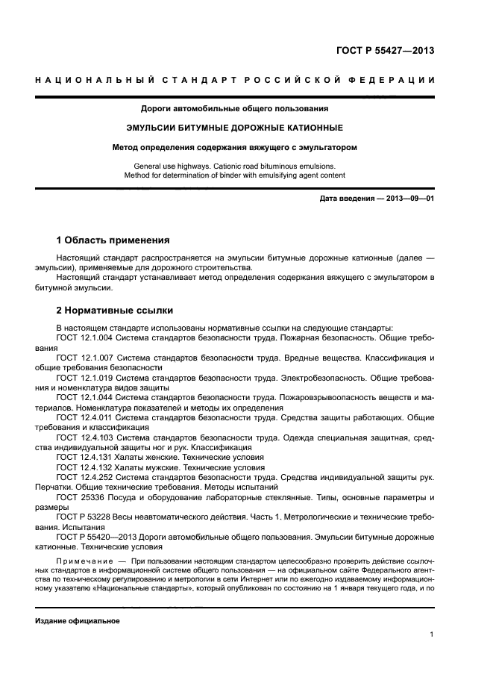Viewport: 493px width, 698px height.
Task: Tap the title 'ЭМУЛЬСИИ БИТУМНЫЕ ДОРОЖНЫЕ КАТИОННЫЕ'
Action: pyautogui.click(x=245, y=128)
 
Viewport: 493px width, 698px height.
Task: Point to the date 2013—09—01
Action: pyautogui.click(x=409, y=199)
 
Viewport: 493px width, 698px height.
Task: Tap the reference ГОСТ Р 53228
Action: pyautogui.click(x=85, y=516)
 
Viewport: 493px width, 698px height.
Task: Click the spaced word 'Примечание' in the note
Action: pyautogui.click(x=84, y=560)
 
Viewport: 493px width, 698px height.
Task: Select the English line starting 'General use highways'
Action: pyautogui.click(x=245, y=166)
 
